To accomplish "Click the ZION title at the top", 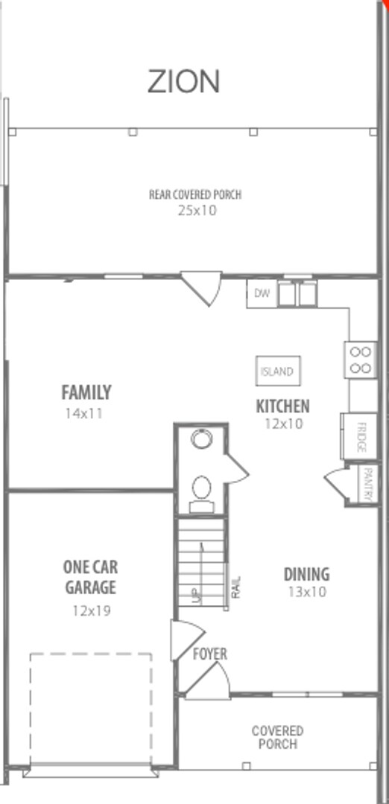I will click(183, 81).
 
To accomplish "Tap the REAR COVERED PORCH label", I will click(195, 195).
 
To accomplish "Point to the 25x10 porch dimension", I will click(196, 210).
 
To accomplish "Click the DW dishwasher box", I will click(262, 293).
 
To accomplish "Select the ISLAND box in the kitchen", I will click(277, 371).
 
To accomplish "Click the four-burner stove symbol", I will click(360, 360).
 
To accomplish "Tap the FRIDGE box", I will click(360, 437).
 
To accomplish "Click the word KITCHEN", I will click(282, 406).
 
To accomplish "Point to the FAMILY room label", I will click(86, 392).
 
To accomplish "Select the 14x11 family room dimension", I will click(84, 413).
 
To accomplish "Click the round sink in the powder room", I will click(201, 438).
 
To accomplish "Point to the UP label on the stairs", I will click(196, 595).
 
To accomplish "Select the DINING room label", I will click(306, 574).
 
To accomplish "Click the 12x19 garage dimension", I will click(90, 610).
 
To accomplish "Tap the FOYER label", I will click(210, 654).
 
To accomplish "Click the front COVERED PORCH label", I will click(277, 737).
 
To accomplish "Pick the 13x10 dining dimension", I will click(306, 593).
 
